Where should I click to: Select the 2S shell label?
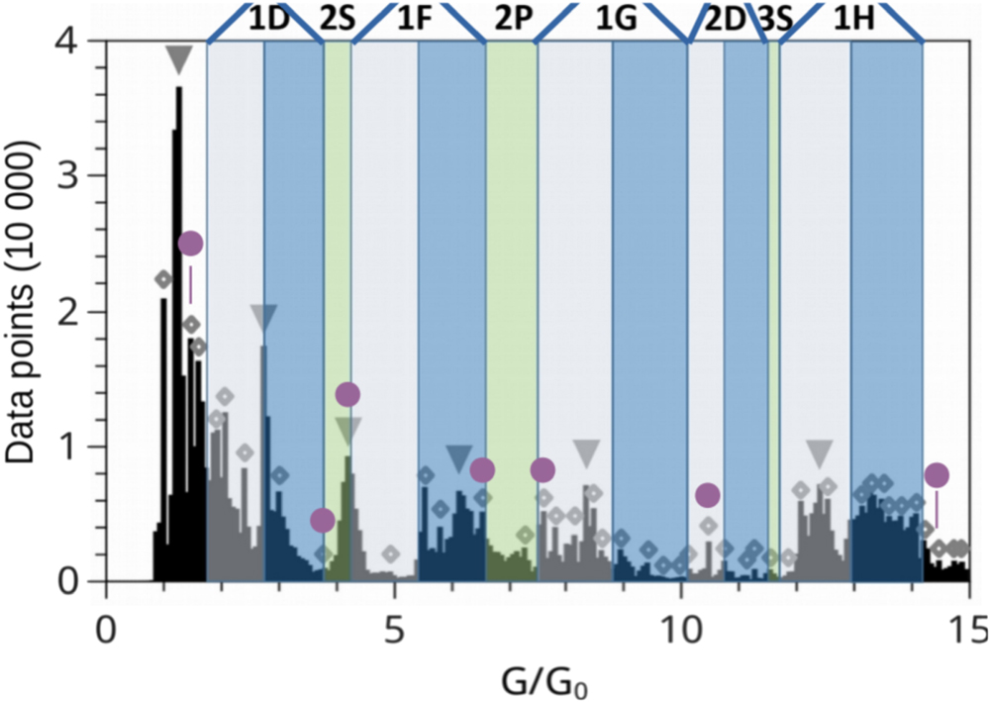click(338, 21)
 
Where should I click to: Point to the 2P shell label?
click(513, 21)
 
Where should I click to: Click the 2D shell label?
click(725, 21)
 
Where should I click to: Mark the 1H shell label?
click(852, 21)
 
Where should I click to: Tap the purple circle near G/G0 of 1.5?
click(190, 244)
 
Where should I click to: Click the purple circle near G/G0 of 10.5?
click(707, 495)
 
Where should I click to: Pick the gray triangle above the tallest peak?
click(177, 60)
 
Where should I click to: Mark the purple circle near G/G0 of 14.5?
click(937, 475)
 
